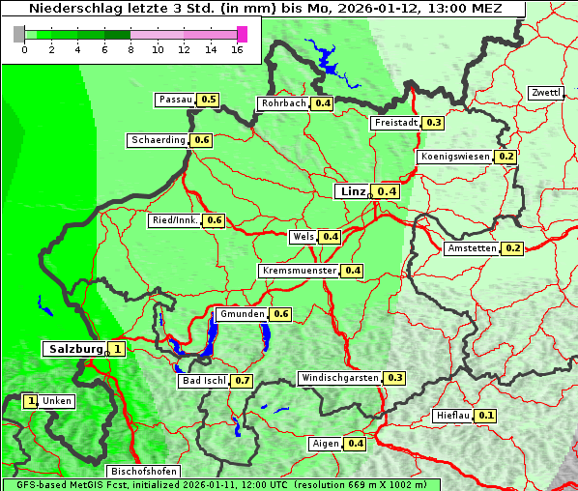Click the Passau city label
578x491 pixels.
coord(175,100)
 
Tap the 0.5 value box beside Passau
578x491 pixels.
coord(209,100)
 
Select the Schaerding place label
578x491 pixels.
coord(159,140)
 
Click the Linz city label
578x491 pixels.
coord(352,191)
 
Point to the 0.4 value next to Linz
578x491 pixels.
coord(387,191)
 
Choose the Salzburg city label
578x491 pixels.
coord(75,349)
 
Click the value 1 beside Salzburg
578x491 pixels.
coord(117,349)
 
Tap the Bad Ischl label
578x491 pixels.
coord(203,381)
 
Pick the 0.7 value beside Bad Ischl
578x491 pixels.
coord(242,381)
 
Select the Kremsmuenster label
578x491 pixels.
coord(299,271)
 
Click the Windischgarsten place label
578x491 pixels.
coord(339,378)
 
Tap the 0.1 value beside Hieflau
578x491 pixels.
coord(486,416)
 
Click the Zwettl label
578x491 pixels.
coord(545,93)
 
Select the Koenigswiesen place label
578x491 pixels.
coord(455,157)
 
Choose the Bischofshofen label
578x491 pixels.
coord(143,472)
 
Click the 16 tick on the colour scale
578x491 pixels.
coord(238,49)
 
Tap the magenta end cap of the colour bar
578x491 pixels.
coord(242,34)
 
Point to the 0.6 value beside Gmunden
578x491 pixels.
coord(280,314)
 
